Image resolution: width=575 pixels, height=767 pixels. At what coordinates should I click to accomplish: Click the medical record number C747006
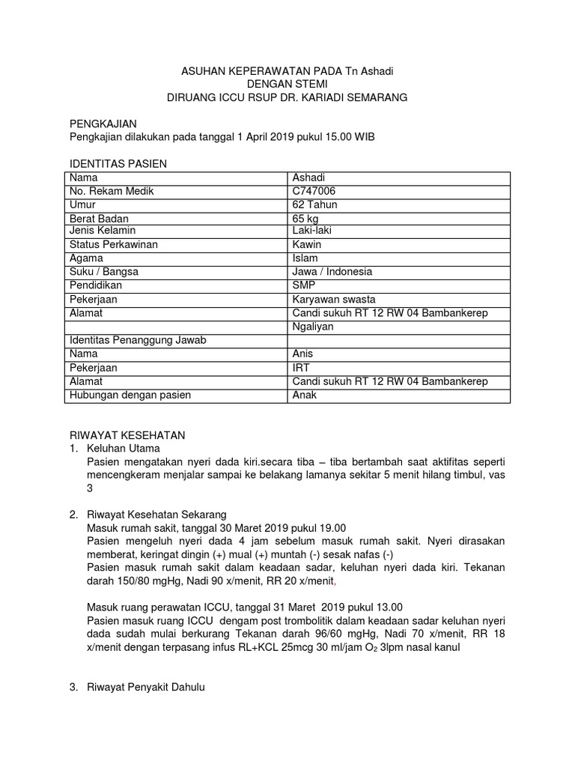[314, 191]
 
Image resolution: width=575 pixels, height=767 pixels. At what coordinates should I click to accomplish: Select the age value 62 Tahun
[315, 204]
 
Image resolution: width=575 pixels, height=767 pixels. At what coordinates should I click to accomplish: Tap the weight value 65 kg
[306, 219]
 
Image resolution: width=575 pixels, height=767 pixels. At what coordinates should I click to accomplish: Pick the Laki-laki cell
[312, 231]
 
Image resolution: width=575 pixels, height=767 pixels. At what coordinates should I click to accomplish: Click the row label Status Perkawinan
[114, 245]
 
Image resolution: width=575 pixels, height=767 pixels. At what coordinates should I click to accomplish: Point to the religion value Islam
[305, 258]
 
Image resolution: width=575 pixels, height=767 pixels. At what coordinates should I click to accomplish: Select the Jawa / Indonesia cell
[332, 272]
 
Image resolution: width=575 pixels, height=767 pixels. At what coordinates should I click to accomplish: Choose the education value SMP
[304, 285]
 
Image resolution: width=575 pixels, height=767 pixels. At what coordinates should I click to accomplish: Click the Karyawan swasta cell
[334, 300]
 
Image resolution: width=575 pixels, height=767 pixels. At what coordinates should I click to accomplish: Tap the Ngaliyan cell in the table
[313, 327]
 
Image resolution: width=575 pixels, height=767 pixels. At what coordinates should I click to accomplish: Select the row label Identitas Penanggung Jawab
[137, 340]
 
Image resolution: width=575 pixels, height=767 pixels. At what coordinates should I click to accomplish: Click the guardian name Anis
[303, 354]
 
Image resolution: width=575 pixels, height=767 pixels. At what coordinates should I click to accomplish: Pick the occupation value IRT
[301, 368]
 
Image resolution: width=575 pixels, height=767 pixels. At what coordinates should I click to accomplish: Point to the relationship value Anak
[305, 395]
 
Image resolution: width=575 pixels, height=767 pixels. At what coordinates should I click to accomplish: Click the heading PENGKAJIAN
[103, 123]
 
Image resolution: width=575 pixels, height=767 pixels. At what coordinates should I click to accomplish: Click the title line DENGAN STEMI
[287, 85]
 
